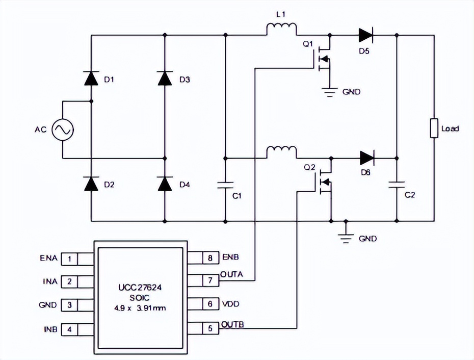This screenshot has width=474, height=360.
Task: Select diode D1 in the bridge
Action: tap(91, 79)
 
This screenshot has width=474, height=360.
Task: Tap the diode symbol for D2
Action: tap(91, 184)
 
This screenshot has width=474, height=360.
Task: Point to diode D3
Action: tap(165, 79)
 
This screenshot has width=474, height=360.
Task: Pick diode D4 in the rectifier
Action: tap(165, 184)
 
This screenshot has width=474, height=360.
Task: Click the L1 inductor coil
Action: tap(281, 30)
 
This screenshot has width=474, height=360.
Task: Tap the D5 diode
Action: tap(366, 35)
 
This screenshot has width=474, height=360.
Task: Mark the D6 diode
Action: tap(367, 158)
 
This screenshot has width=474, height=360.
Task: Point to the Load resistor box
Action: tap(434, 128)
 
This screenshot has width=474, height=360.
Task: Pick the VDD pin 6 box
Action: tap(209, 304)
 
